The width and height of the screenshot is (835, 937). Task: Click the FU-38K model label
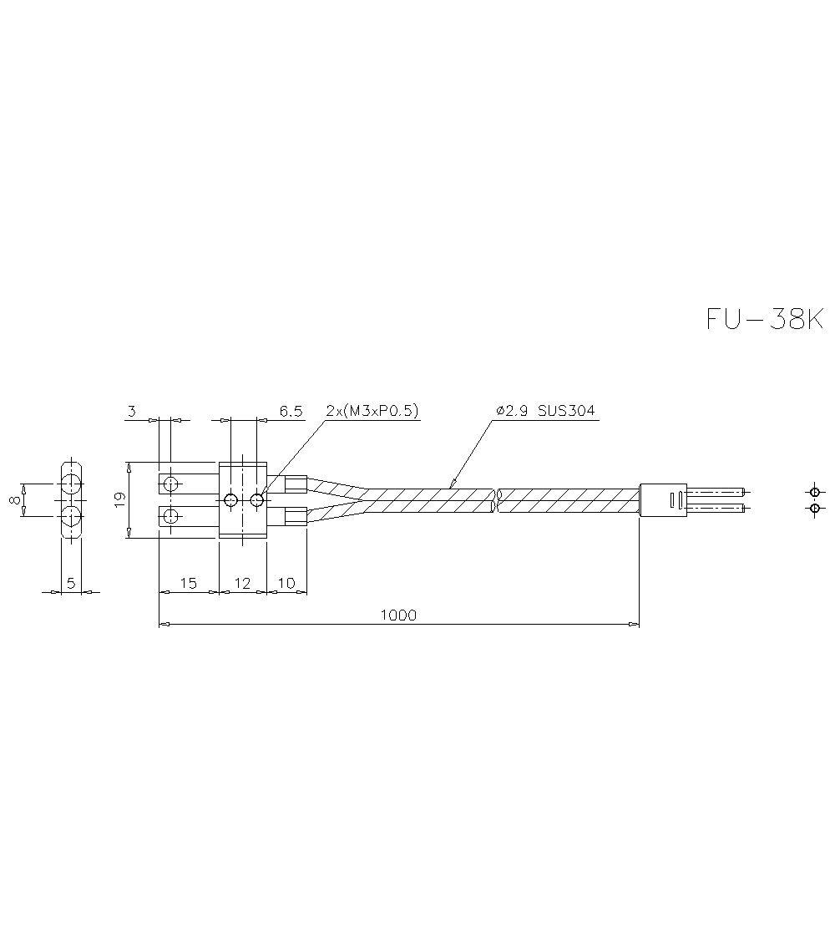(764, 320)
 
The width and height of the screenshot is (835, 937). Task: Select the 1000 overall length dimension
(397, 615)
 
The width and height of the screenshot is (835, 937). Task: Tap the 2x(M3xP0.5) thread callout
(372, 411)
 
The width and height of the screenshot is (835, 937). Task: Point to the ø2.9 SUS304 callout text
(545, 411)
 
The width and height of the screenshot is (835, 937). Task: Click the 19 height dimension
(119, 499)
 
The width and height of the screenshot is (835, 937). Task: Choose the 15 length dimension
(188, 583)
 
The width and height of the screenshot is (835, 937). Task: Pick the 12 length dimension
(242, 583)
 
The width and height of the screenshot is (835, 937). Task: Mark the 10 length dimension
(286, 583)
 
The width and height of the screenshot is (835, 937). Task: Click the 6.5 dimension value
(291, 411)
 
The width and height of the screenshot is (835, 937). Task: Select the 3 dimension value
(131, 411)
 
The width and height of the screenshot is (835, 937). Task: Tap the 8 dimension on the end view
(14, 499)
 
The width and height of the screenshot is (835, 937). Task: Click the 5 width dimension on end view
(71, 583)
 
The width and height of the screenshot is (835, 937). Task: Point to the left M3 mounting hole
(230, 500)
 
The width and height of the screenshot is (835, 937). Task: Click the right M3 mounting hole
(256, 500)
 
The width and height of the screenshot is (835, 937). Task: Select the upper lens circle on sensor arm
(171, 484)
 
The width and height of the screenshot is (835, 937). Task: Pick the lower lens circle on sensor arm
(171, 515)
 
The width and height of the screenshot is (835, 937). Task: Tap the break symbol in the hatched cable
(497, 500)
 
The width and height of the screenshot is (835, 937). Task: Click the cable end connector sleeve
(662, 500)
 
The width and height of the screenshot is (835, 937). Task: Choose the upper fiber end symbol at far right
(814, 492)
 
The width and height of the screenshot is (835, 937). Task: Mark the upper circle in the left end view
(71, 484)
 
